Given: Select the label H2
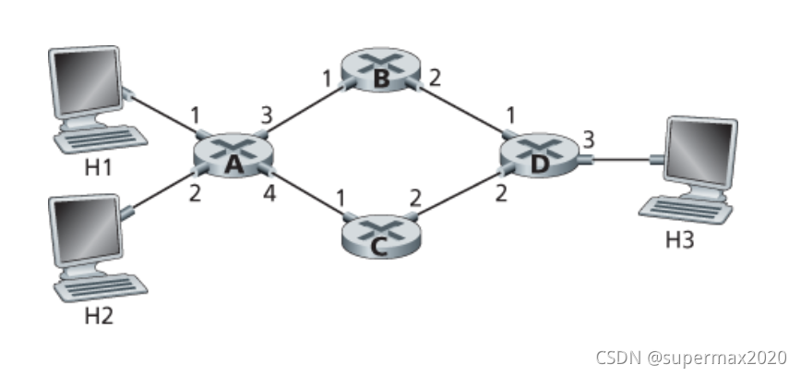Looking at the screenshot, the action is click(x=99, y=315).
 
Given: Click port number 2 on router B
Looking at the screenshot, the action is click(x=434, y=77).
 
